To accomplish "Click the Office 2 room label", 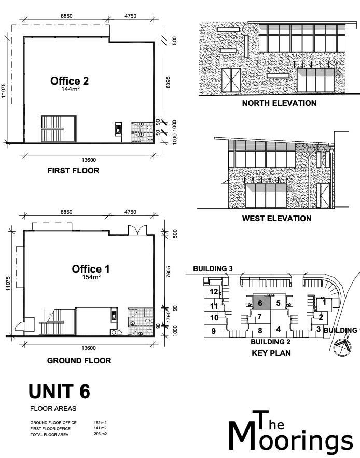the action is (x=70, y=81).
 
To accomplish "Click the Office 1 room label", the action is (x=91, y=269).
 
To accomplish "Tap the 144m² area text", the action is (x=71, y=89).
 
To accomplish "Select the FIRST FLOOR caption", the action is (x=73, y=170).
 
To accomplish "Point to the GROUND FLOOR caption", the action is (x=79, y=361).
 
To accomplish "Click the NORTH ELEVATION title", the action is (x=279, y=103).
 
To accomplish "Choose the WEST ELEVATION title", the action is (x=276, y=219).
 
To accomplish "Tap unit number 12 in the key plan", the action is (x=214, y=291).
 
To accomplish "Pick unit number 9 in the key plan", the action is (x=214, y=331).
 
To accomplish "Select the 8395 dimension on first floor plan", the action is (x=168, y=83).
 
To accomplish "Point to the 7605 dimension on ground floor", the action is (x=169, y=272).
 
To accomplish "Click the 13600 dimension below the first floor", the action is (x=89, y=160).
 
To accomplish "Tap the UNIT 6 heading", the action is (x=60, y=392).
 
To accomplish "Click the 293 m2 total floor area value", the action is (x=100, y=434).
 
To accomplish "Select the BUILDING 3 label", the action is (x=213, y=268).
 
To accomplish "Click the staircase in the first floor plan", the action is (x=59, y=129).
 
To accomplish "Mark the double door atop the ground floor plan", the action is (x=137, y=230).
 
